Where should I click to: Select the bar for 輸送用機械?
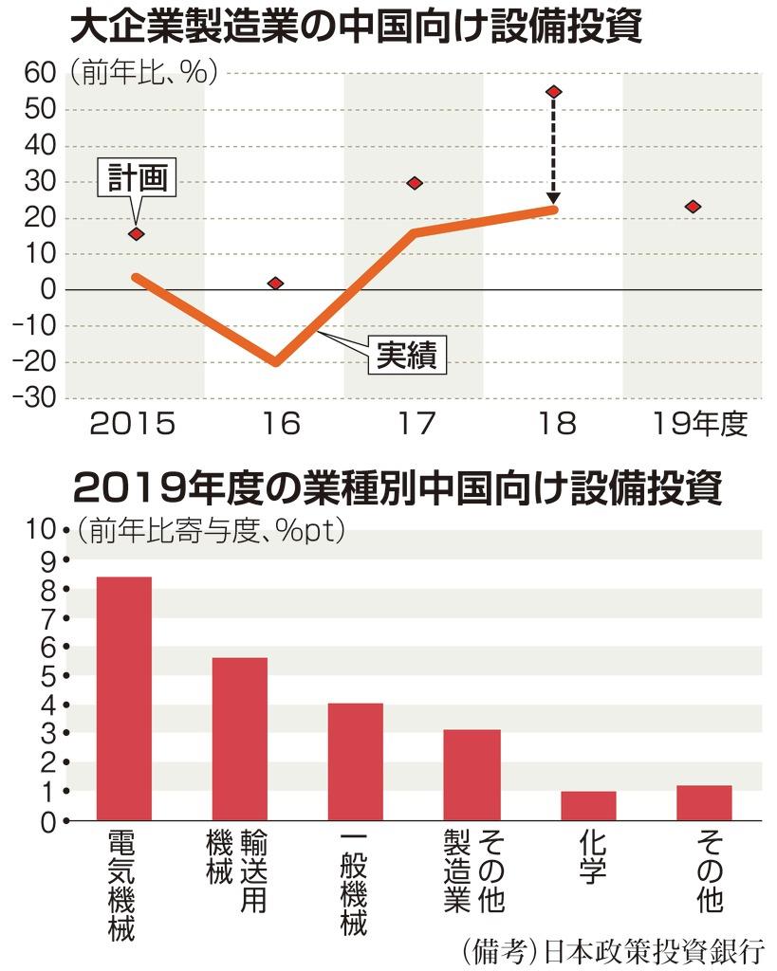point(240,739)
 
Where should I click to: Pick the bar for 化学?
point(588,805)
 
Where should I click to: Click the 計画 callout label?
point(137,180)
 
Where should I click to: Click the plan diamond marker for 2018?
point(554,92)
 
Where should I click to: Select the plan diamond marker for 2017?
point(415,183)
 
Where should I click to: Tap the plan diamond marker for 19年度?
point(693,207)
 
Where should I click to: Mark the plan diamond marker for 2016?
point(275,284)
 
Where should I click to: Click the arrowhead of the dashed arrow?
point(554,200)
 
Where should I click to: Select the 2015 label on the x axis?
point(133,424)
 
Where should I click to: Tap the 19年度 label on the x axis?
point(700,424)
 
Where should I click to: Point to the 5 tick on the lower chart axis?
point(50,676)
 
